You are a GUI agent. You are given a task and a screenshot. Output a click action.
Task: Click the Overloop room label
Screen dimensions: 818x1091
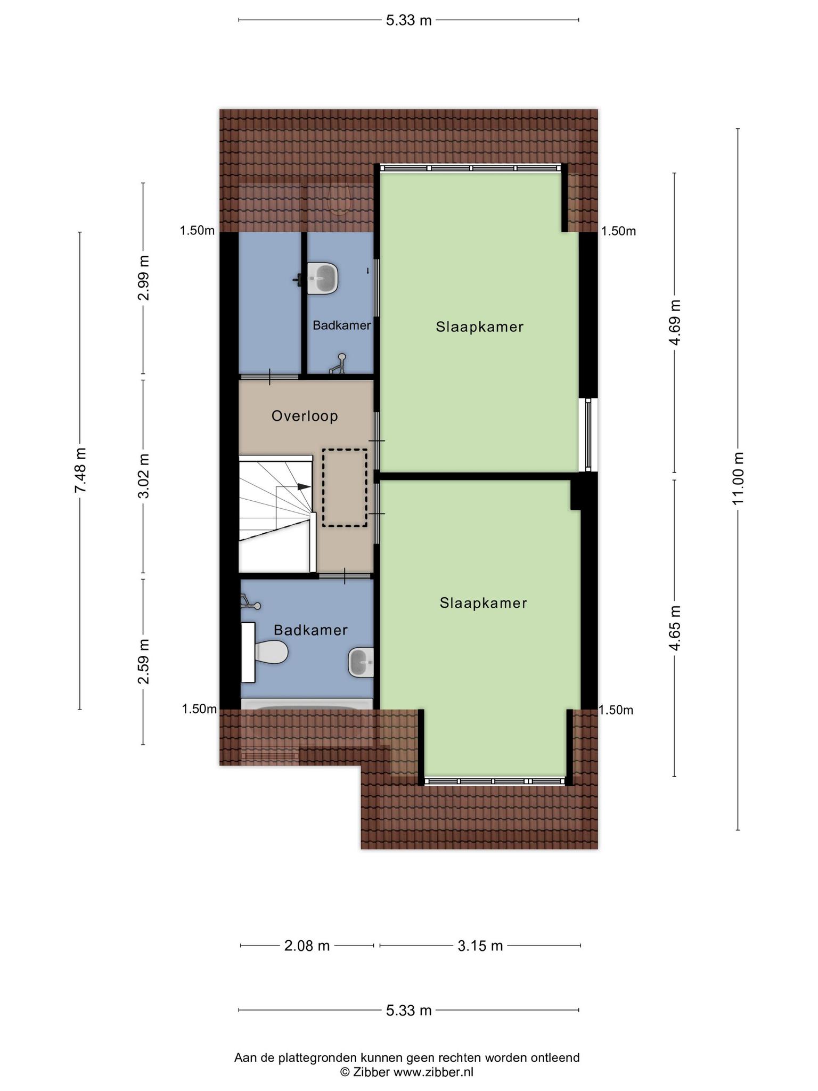(x=305, y=416)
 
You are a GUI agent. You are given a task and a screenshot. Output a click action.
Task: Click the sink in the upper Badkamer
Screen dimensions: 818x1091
(x=323, y=278)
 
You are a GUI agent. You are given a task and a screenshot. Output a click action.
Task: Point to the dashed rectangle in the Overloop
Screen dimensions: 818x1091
(x=345, y=488)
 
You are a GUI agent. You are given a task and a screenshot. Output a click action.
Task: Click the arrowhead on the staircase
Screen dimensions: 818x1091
(x=304, y=486)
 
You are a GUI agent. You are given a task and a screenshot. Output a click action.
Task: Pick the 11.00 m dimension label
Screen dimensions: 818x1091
(x=738, y=479)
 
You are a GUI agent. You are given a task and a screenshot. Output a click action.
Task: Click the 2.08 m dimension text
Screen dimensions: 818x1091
(x=307, y=946)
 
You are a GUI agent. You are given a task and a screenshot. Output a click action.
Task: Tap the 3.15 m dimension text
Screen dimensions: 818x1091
(x=480, y=946)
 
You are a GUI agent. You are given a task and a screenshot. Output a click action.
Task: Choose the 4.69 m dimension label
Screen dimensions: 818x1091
(x=675, y=322)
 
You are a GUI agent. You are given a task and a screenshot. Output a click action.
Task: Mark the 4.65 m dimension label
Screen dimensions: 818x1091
(x=675, y=628)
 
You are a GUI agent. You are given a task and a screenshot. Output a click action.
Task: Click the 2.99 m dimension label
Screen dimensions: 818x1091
(x=143, y=278)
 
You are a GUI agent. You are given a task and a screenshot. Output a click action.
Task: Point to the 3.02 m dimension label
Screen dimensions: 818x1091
(x=143, y=476)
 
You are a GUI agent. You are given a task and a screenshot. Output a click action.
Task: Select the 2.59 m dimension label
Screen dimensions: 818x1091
(x=143, y=661)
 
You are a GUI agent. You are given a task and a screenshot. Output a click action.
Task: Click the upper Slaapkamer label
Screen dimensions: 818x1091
(x=480, y=327)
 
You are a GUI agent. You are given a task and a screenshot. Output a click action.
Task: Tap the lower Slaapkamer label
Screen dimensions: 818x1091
(x=484, y=603)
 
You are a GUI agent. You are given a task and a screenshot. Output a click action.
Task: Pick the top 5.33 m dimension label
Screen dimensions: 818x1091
(x=408, y=21)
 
